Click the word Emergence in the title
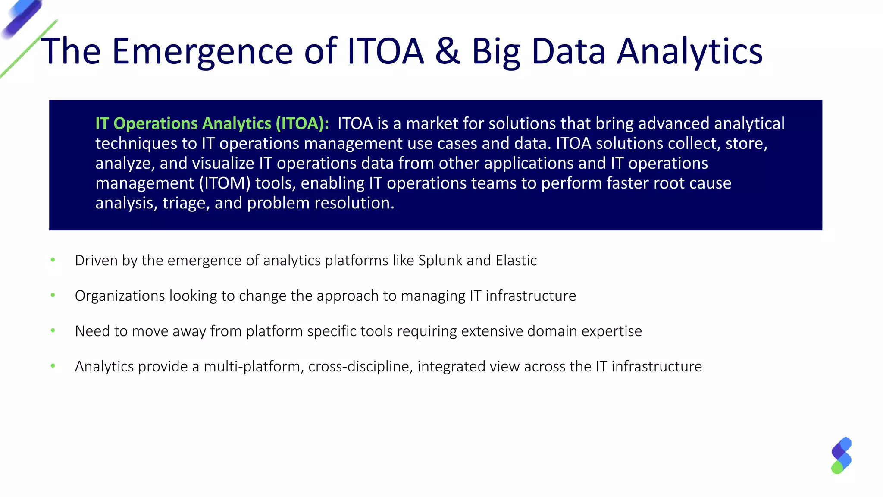(x=203, y=51)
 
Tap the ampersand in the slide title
(x=448, y=51)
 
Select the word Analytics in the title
(x=690, y=51)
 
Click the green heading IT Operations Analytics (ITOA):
(x=212, y=124)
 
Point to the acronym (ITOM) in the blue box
(x=225, y=183)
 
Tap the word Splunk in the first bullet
(x=440, y=261)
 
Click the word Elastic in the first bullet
(x=516, y=261)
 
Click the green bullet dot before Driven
(x=53, y=260)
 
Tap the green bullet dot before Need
(x=53, y=330)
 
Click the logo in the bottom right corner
(x=841, y=456)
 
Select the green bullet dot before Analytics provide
(x=53, y=366)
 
